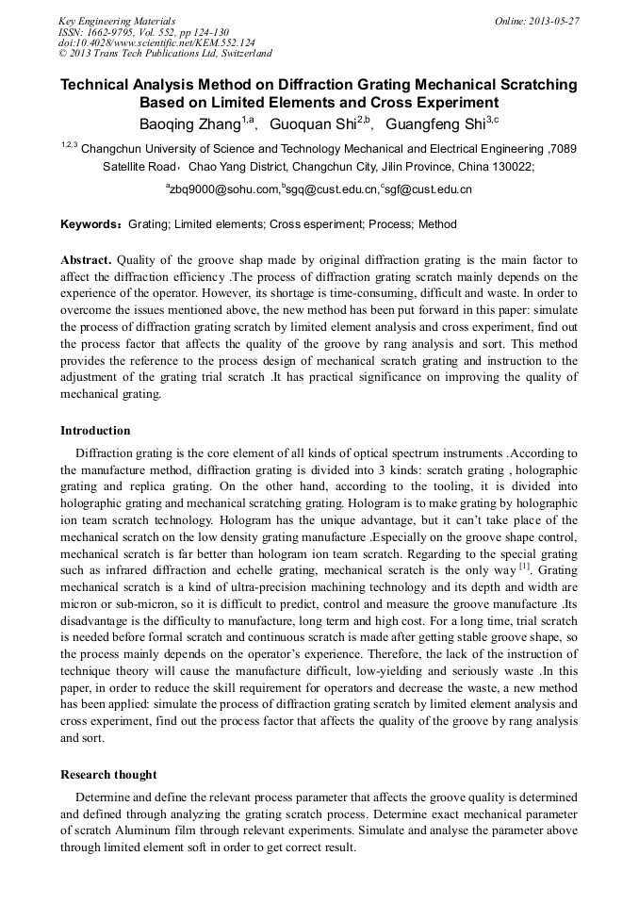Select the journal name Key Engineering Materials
tap(117, 20)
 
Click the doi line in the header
tap(156, 42)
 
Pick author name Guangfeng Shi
tap(434, 123)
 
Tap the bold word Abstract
tap(86, 259)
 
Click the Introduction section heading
tap(95, 431)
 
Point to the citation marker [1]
tap(525, 568)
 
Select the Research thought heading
tap(108, 775)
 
